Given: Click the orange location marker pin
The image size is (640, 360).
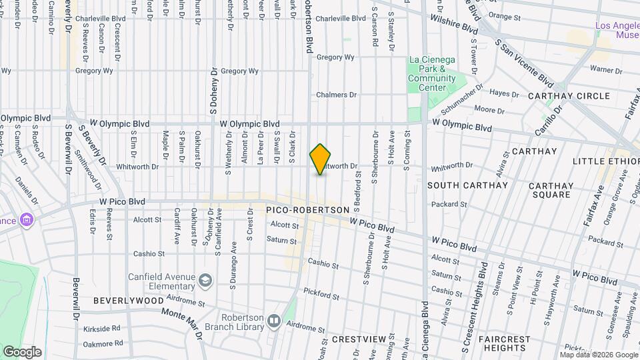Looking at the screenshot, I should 321,159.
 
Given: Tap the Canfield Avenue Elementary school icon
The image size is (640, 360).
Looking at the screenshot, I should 205,279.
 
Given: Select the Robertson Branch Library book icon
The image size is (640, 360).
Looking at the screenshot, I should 273,323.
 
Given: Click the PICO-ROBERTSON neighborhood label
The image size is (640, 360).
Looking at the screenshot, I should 307,210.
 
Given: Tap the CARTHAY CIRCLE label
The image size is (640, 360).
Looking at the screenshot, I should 569,96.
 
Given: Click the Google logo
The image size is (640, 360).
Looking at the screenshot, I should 22,351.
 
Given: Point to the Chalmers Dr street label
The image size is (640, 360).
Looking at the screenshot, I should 337,95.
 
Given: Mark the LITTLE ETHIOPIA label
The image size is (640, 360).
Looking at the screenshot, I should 606,161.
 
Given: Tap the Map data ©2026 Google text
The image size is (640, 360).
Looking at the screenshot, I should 598,355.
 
